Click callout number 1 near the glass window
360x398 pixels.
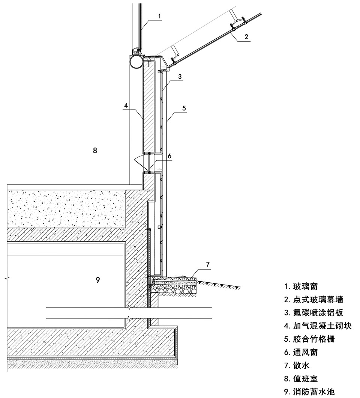coord(159,16)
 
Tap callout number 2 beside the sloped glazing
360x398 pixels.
coord(246,36)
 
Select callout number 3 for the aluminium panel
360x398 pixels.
coord(180,76)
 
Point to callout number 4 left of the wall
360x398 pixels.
coord(126,105)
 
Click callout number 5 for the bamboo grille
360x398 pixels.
coord(184,108)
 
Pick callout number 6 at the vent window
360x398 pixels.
coord(169,156)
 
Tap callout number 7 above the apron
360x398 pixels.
coord(208,264)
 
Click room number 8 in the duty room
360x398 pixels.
coord(95,151)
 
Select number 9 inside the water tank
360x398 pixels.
coord(98,280)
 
